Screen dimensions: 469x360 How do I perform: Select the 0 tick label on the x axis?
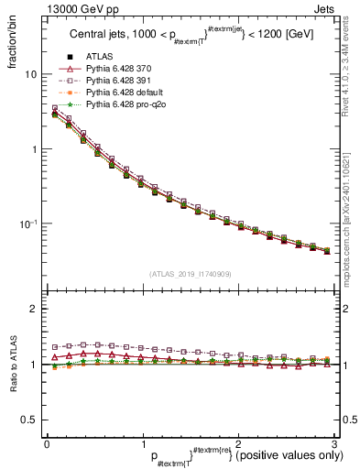point(47,444)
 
